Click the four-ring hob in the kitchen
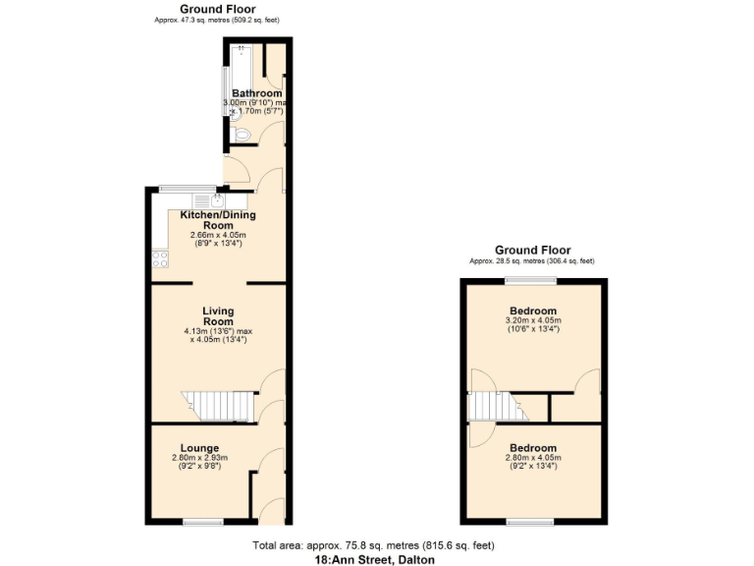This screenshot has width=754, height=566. pyautogui.click(x=158, y=259)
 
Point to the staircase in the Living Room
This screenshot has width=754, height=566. pyautogui.click(x=217, y=403)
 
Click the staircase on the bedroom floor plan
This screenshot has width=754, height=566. pyautogui.click(x=492, y=404)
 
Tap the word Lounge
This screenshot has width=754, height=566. pyautogui.click(x=199, y=448)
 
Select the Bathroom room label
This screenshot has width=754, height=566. pyautogui.click(x=256, y=93)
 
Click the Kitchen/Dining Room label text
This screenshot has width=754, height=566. pyautogui.click(x=218, y=219)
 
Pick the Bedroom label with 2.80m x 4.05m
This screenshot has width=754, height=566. pyautogui.click(x=533, y=448)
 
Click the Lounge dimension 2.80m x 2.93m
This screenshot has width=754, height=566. pyautogui.click(x=199, y=458)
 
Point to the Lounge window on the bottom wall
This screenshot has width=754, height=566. pyautogui.click(x=203, y=521)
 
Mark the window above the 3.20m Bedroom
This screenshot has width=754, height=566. pyautogui.click(x=531, y=281)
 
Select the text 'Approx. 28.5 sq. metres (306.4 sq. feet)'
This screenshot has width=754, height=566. pyautogui.click(x=532, y=261)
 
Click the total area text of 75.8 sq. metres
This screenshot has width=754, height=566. pyautogui.click(x=373, y=545)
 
